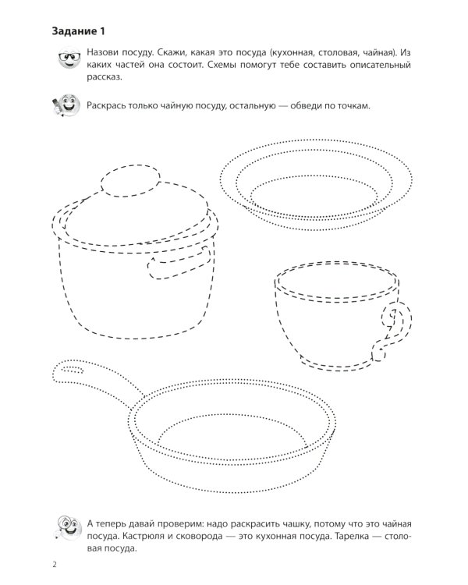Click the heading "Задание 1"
[78, 31]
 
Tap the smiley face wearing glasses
[69, 58]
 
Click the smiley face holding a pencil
[66, 105]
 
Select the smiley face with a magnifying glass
[69, 528]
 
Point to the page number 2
[55, 564]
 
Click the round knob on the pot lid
[130, 181]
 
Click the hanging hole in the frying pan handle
[73, 370]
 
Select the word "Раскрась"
[105, 106]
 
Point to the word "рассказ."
[105, 77]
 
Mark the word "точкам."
[354, 106]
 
